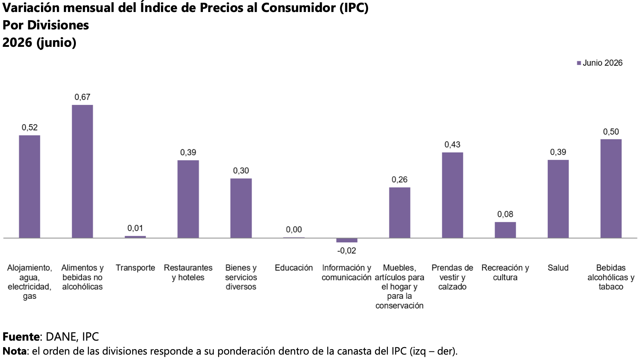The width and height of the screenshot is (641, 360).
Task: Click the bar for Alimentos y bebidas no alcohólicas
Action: pos(82,171)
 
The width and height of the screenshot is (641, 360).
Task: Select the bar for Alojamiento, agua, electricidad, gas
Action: pos(29,187)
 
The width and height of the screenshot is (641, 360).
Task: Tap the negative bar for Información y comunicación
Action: pos(346,240)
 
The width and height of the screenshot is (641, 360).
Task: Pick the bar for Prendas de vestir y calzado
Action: pos(452,195)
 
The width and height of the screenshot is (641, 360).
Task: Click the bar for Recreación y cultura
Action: pos(506,230)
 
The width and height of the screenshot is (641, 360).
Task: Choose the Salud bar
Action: pos(558,199)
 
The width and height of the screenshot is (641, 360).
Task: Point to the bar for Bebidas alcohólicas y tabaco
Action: pos(611,189)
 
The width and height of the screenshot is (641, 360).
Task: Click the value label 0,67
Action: pos(82,97)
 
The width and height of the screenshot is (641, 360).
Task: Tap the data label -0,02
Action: pos(346,251)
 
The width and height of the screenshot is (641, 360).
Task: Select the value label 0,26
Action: pos(399,180)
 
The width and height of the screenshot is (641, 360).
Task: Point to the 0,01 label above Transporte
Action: pos(135,228)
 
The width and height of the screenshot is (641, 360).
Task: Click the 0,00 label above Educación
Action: pos(294,230)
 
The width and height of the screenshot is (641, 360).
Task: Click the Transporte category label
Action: pos(135,268)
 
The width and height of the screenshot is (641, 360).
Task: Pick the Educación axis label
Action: pos(294,268)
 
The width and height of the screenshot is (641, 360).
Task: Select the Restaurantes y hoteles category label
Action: pos(188,273)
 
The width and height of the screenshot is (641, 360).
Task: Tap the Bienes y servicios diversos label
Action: pos(241,277)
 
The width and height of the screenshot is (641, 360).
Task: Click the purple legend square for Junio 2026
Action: pos(579,63)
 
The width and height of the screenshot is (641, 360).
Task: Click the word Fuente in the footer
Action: pos(21,336)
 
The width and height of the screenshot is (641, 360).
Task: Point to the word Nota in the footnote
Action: pos(15,351)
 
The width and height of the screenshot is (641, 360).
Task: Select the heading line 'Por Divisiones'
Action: pos(46,25)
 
